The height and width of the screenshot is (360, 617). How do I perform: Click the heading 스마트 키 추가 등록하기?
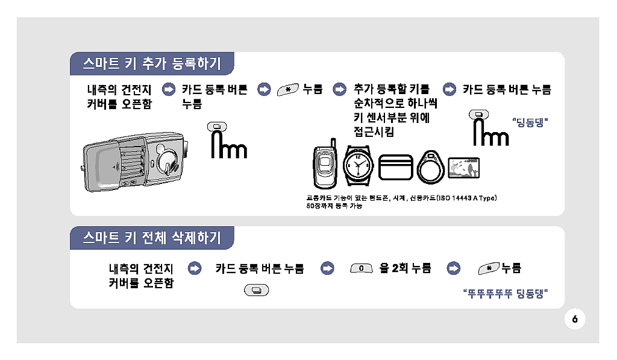tap(152, 63)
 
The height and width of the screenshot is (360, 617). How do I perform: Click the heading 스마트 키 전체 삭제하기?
tap(152, 238)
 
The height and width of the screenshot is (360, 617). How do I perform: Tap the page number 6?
tap(575, 319)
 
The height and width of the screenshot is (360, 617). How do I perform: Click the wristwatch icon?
tap(358, 165)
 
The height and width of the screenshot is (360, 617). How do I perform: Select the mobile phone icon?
tap(325, 163)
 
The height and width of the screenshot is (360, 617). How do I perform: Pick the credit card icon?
tap(395, 167)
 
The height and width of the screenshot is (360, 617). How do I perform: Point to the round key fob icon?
tap(430, 167)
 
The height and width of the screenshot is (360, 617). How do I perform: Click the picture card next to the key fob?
tap(463, 168)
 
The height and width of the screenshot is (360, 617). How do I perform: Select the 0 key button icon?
tap(362, 268)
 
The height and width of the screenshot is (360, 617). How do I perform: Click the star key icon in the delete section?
tap(489, 268)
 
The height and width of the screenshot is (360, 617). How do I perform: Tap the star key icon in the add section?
tap(287, 90)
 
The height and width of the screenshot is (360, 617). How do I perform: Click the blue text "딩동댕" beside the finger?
tap(530, 122)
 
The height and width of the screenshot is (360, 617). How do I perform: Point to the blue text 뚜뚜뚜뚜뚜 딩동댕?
tap(506, 294)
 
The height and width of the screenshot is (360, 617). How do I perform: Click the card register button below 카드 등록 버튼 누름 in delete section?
tap(257, 290)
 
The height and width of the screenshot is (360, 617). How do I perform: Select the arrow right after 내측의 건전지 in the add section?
tap(169, 89)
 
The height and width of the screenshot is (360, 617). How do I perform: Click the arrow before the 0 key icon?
tap(327, 268)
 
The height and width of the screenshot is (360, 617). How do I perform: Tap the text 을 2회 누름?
tap(405, 268)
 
